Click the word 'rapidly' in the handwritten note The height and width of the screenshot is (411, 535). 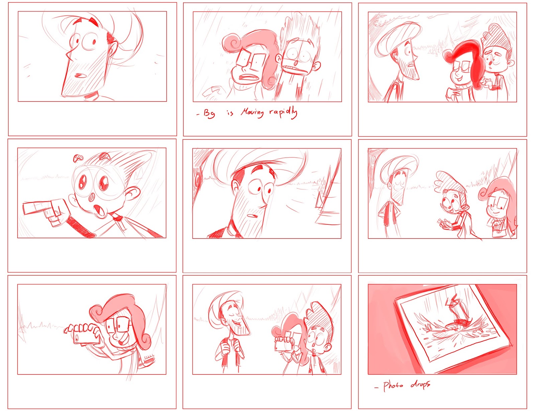pyautogui.click(x=283, y=113)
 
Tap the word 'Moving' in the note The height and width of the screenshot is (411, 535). pyautogui.click(x=252, y=113)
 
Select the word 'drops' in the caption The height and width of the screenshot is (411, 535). pyautogui.click(x=420, y=385)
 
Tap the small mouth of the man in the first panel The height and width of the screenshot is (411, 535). pyautogui.click(x=80, y=75)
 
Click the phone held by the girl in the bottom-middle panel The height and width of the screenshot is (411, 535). pyautogui.click(x=282, y=346)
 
